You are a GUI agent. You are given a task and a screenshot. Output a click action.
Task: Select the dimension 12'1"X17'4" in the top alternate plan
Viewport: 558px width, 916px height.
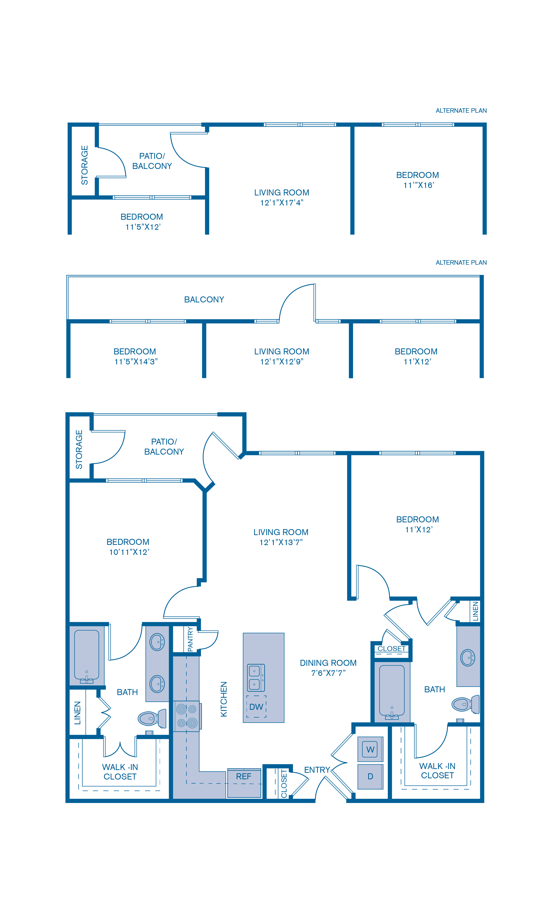[x=282, y=203]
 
